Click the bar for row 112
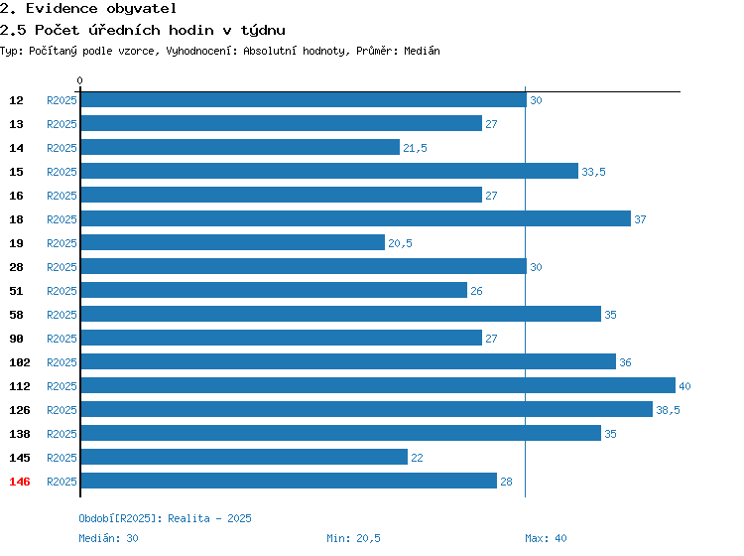(378, 385)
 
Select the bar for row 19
(233, 242)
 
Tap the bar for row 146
(289, 481)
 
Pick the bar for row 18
(356, 218)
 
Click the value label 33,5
(593, 172)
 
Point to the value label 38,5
(668, 410)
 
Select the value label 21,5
(416, 148)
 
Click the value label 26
(476, 291)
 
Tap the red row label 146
(20, 482)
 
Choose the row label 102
(20, 362)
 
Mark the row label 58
(16, 315)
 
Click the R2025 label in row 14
(62, 148)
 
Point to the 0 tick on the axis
(79, 80)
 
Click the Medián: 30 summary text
(108, 538)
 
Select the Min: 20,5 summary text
(353, 538)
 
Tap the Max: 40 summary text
(546, 538)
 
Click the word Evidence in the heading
(62, 9)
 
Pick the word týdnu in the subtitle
(263, 31)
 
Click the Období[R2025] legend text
(118, 518)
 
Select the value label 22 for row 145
(417, 458)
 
